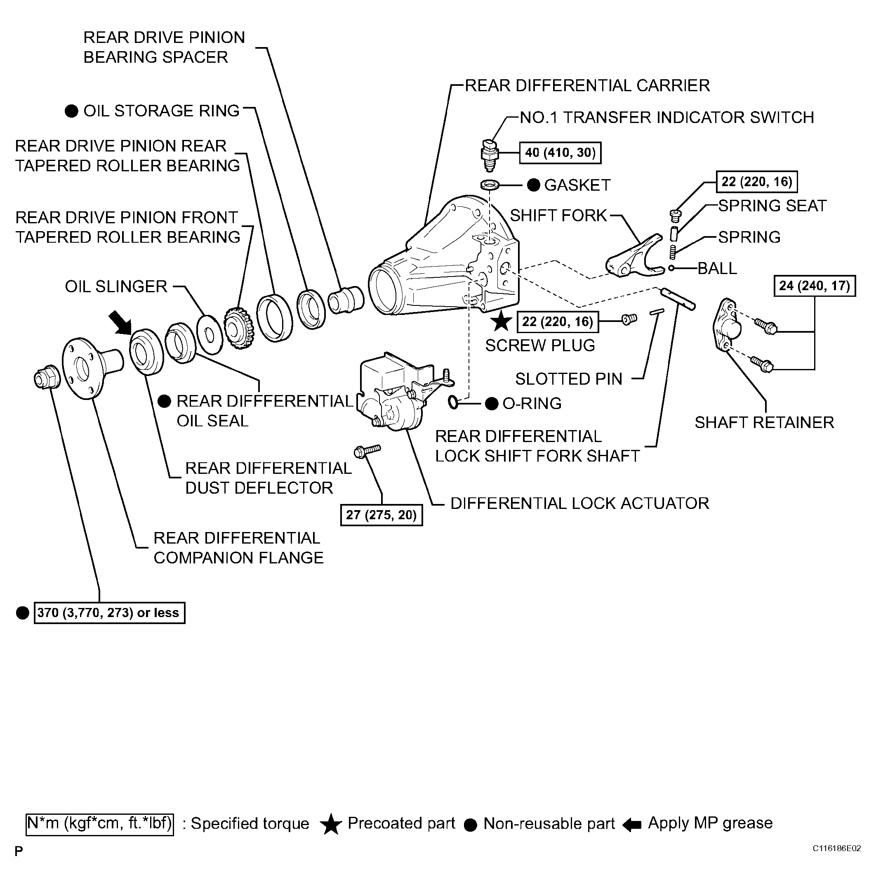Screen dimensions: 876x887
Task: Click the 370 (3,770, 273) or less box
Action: pyautogui.click(x=109, y=613)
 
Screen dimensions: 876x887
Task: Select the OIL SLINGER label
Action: pyautogui.click(x=116, y=286)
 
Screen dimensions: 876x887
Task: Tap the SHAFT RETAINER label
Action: pyautogui.click(x=764, y=422)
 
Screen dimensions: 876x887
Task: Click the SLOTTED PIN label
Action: pyautogui.click(x=569, y=379)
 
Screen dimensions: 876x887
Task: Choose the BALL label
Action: pyautogui.click(x=717, y=268)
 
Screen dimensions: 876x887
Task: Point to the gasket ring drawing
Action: pyautogui.click(x=490, y=185)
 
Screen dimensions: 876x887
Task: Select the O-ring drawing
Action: pyautogui.click(x=453, y=403)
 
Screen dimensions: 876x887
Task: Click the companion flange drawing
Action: pyautogui.click(x=92, y=368)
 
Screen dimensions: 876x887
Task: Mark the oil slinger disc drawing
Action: pyautogui.click(x=210, y=335)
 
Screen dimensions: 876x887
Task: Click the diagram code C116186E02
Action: pyautogui.click(x=836, y=849)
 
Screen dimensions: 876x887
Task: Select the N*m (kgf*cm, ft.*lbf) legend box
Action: pyautogui.click(x=100, y=823)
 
